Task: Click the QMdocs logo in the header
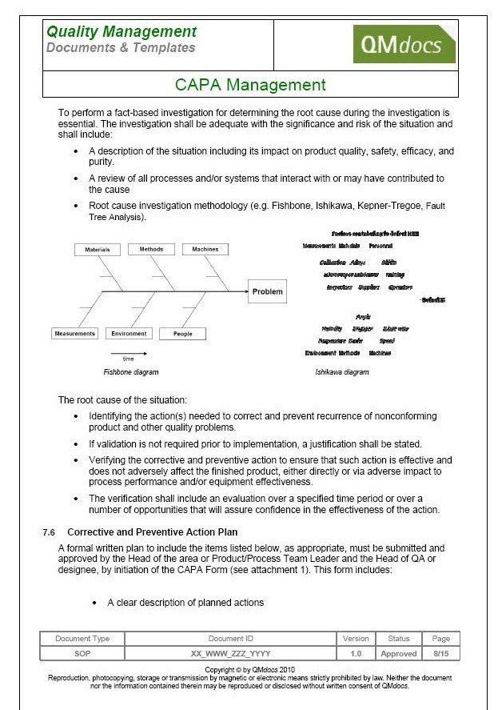[x=404, y=44]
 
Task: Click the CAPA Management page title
[x=250, y=85]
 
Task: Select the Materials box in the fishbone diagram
[x=98, y=250]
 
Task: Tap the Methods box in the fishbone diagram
[x=151, y=249]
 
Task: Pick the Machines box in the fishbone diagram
[x=205, y=250]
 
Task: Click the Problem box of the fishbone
[x=267, y=291]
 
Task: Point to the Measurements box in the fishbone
[x=74, y=334]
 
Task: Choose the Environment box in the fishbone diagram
[x=129, y=334]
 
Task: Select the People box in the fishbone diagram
[x=183, y=334]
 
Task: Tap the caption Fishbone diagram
[x=131, y=372]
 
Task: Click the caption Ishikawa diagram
[x=342, y=372]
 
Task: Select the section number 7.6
[x=50, y=532]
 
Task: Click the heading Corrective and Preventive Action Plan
[x=152, y=532]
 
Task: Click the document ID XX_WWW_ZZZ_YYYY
[x=231, y=653]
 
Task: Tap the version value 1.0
[x=356, y=653]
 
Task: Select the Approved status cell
[x=398, y=653]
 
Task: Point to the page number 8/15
[x=441, y=653]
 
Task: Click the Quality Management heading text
[x=122, y=32]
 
